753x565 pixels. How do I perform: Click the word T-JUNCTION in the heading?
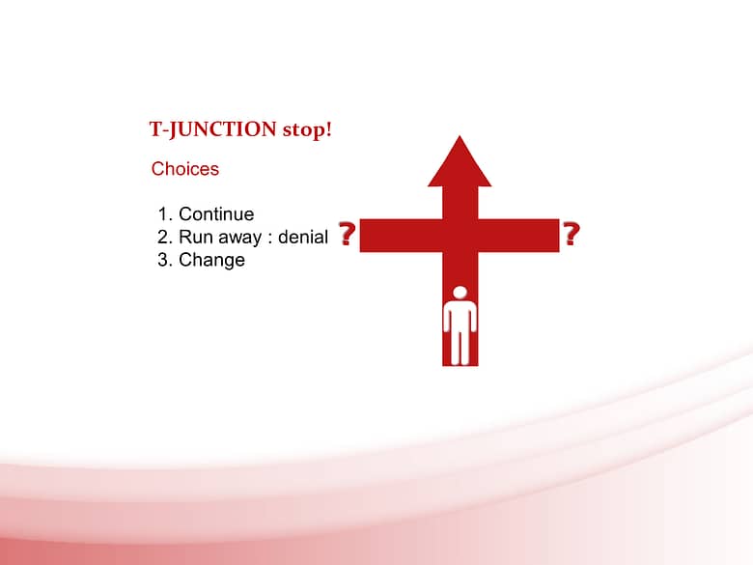(x=212, y=129)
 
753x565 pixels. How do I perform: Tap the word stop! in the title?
(x=307, y=129)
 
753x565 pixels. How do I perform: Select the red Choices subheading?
(x=185, y=169)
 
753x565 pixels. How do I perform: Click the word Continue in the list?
(x=216, y=213)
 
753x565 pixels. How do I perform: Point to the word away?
(x=240, y=238)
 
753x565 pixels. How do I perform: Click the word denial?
(x=303, y=237)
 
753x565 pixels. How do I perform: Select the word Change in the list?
(x=211, y=260)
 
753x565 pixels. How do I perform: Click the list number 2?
(x=165, y=237)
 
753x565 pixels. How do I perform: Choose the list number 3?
(x=165, y=260)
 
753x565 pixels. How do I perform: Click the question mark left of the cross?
(x=347, y=234)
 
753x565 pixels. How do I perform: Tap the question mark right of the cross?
(x=571, y=234)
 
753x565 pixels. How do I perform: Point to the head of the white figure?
(x=460, y=293)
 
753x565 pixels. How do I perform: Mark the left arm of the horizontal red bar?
(x=401, y=236)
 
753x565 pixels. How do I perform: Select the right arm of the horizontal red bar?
(x=518, y=236)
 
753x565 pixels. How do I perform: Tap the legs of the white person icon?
(x=460, y=347)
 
